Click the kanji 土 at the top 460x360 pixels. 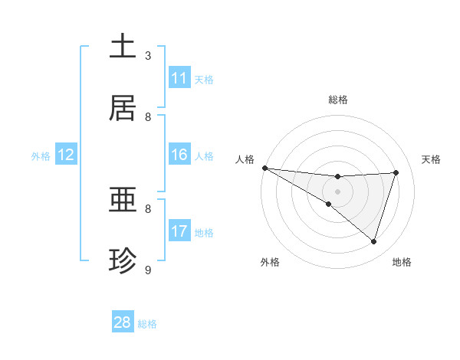coord(123,47)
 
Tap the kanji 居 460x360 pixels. coord(123,108)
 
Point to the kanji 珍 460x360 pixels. coord(123,261)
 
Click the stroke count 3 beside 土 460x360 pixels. coord(148,56)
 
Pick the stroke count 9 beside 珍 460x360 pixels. coord(148,270)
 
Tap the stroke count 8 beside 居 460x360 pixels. coord(148,117)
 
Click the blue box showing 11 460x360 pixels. coord(179,78)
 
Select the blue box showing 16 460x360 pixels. coord(179,155)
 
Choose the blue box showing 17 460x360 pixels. coord(179,231)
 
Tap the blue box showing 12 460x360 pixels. coord(66,155)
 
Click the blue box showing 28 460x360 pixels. coord(123,322)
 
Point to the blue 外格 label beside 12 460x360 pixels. coord(41,155)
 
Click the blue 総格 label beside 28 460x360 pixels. coord(147,324)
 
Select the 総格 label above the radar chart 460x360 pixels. coord(338,100)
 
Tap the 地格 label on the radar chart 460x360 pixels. coord(402,262)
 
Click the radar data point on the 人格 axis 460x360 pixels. coord(264,168)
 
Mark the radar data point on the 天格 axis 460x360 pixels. coord(396,172)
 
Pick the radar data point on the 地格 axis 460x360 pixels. coord(374,241)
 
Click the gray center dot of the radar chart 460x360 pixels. coord(338,191)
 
